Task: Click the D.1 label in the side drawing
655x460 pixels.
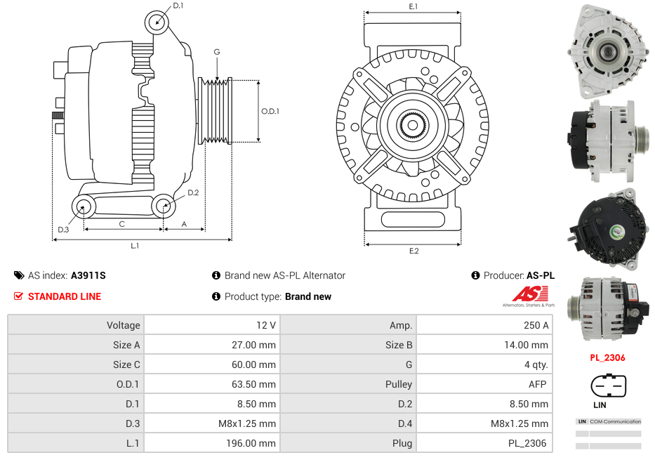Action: [178, 6]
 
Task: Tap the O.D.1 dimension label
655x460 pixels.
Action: [270, 111]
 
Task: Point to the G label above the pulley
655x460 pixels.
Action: [217, 52]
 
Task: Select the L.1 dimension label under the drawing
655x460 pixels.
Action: [135, 246]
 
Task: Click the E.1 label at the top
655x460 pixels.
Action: [413, 6]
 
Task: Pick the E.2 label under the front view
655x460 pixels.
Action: [413, 251]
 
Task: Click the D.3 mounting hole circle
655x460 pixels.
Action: [84, 206]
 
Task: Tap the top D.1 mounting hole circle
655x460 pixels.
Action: [157, 22]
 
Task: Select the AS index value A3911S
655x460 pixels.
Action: [88, 276]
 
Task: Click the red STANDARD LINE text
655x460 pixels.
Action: [64, 296]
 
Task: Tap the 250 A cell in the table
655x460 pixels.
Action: [484, 325]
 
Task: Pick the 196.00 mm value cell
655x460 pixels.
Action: [211, 443]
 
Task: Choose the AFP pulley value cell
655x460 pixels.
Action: [484, 384]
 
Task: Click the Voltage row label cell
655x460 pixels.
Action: [76, 325]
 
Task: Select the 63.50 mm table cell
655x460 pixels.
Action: [211, 384]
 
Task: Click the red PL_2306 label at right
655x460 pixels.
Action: [607, 357]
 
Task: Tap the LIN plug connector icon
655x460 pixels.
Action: [608, 386]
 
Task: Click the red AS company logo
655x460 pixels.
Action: [528, 295]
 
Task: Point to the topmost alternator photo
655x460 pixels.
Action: [607, 51]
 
